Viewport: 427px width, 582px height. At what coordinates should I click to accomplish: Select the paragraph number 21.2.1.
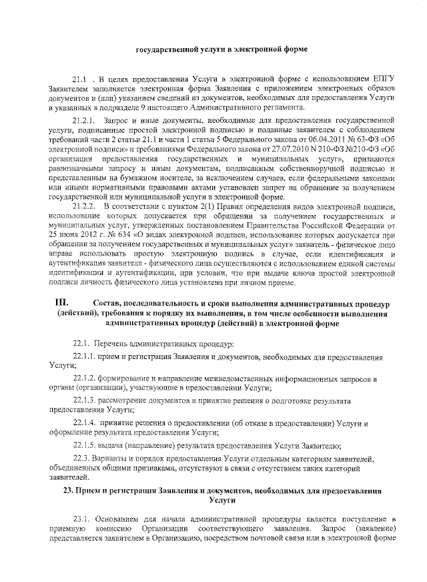point(85,118)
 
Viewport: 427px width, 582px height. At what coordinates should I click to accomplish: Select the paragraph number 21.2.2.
point(85,208)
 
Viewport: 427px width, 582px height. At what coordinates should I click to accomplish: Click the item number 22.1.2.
point(85,378)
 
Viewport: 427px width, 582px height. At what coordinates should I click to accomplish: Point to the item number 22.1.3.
point(85,400)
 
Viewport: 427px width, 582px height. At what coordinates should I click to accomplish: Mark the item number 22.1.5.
point(85,445)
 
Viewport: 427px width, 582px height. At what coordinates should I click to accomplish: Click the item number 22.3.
point(81,459)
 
